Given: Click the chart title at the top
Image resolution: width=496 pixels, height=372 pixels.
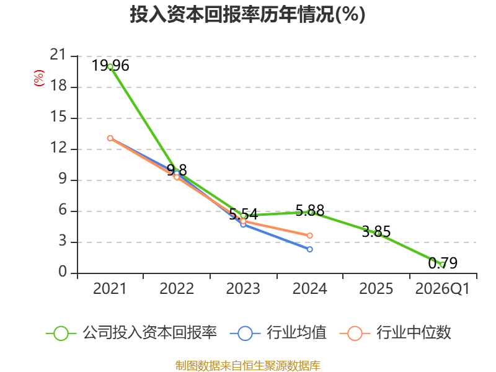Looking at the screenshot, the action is [x=247, y=14].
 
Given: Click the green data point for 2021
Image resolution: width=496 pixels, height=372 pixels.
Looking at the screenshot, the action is [x=110, y=67].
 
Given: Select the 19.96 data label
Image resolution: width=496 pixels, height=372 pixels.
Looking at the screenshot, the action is [x=110, y=66].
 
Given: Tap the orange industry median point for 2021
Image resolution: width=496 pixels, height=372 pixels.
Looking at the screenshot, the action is [x=110, y=138].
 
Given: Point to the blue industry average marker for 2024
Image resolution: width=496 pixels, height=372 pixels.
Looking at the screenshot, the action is [x=309, y=249].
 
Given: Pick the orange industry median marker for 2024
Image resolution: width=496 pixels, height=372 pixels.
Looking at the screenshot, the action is [x=309, y=236].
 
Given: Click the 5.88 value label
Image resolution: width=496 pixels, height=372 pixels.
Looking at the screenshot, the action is [x=310, y=211].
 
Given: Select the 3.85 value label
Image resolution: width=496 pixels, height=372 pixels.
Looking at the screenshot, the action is [x=376, y=232].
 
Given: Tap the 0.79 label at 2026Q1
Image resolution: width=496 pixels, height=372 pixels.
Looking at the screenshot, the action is [x=443, y=263].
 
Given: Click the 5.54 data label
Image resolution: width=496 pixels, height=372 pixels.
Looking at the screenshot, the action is [x=243, y=215].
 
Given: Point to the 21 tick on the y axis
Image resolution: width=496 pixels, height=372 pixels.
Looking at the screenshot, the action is [x=58, y=55].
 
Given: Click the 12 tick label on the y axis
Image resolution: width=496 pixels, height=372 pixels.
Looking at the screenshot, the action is [x=58, y=148].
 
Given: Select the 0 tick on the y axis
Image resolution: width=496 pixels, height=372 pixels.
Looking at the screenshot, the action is [x=63, y=272].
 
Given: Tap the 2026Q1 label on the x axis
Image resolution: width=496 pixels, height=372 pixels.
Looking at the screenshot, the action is [x=443, y=289].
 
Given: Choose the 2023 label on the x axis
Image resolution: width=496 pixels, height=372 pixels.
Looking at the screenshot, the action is [x=243, y=289].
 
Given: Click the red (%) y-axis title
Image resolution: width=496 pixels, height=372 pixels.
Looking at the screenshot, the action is [x=39, y=78].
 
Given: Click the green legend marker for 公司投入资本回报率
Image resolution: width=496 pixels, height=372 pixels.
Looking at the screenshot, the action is [x=61, y=334].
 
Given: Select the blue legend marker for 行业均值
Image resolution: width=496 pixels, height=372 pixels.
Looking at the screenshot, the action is [x=245, y=334].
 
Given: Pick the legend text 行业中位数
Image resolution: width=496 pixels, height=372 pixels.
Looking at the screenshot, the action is [x=414, y=333].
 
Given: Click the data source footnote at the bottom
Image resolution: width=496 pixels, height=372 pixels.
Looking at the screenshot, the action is [x=248, y=366].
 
